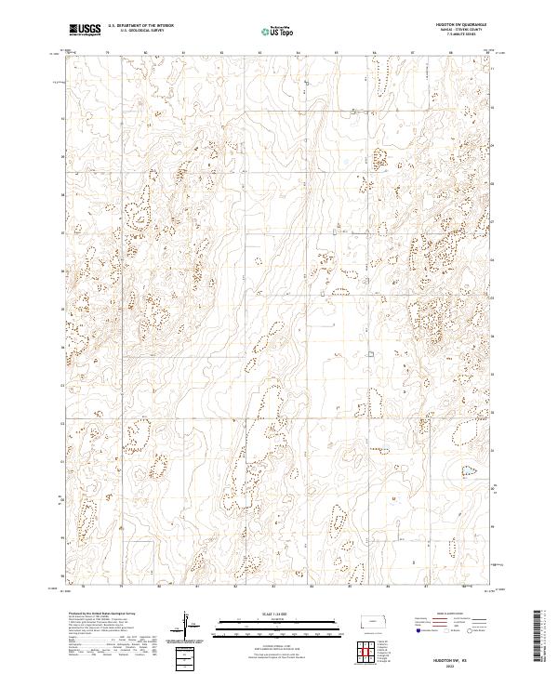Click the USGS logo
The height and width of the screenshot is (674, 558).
pyautogui.click(x=84, y=30)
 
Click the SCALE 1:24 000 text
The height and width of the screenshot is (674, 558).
pyautogui.click(x=275, y=615)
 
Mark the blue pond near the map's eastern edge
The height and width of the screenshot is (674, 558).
pyautogui.click(x=476, y=471)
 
